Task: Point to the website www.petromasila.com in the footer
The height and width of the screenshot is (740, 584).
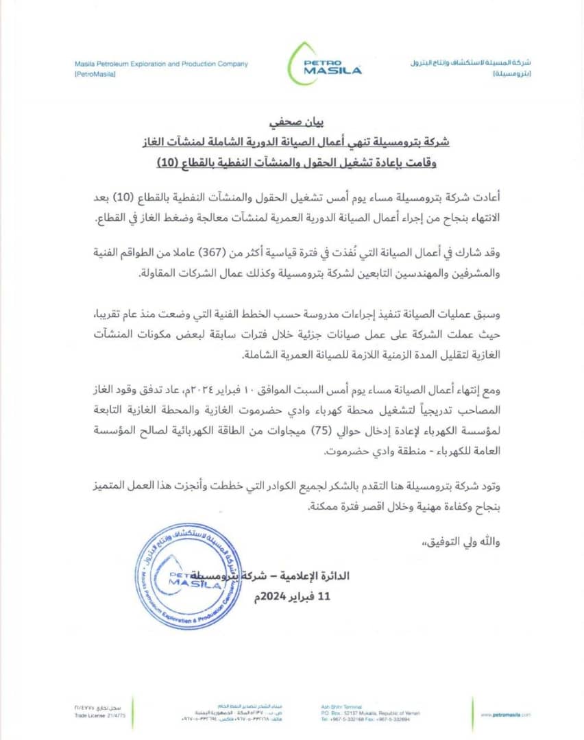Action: point(506,715)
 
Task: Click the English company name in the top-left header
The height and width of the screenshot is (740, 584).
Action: point(161,64)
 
